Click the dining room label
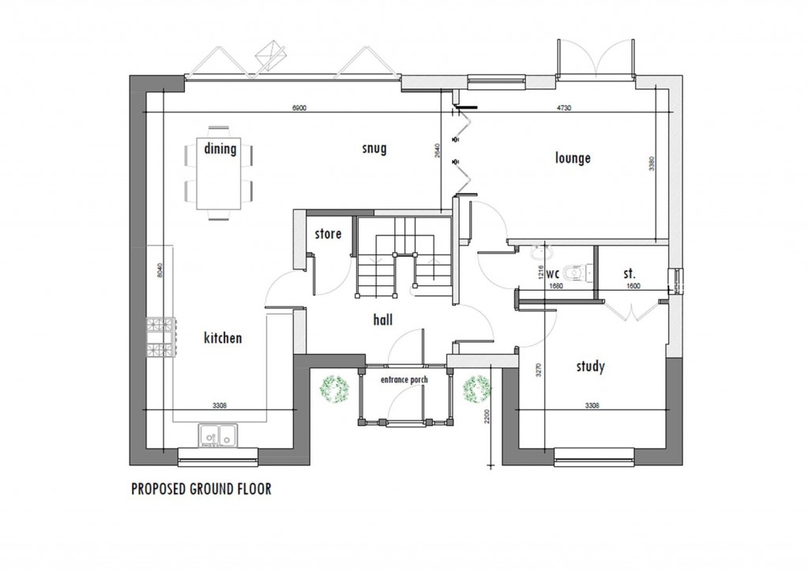tap(220, 149)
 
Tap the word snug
tap(374, 149)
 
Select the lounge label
tap(573, 158)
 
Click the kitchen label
tap(223, 338)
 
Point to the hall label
tap(383, 320)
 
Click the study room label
tap(590, 366)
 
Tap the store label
tap(328, 234)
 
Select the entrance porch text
tap(404, 380)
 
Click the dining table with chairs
tap(220, 172)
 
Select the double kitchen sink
tap(217, 435)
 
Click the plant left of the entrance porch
tap(335, 389)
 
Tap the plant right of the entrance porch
tap(476, 389)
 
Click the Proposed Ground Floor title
tap(201, 489)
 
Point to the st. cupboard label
tap(629, 273)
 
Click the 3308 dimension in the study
tap(591, 405)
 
